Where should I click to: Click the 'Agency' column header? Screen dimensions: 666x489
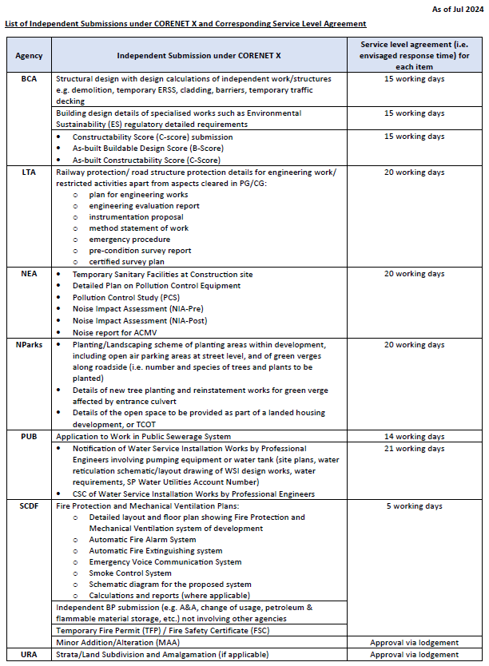(x=29, y=56)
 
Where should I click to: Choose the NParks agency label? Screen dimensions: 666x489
(x=29, y=344)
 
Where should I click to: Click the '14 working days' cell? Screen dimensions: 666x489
(x=414, y=437)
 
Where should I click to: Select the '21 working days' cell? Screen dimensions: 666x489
(x=414, y=449)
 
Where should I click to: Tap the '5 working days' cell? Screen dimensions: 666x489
(x=414, y=506)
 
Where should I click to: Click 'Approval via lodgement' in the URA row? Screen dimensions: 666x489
(x=414, y=655)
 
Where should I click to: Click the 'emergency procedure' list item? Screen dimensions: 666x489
(x=129, y=240)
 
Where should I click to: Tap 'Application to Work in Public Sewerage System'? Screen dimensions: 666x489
(x=143, y=437)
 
